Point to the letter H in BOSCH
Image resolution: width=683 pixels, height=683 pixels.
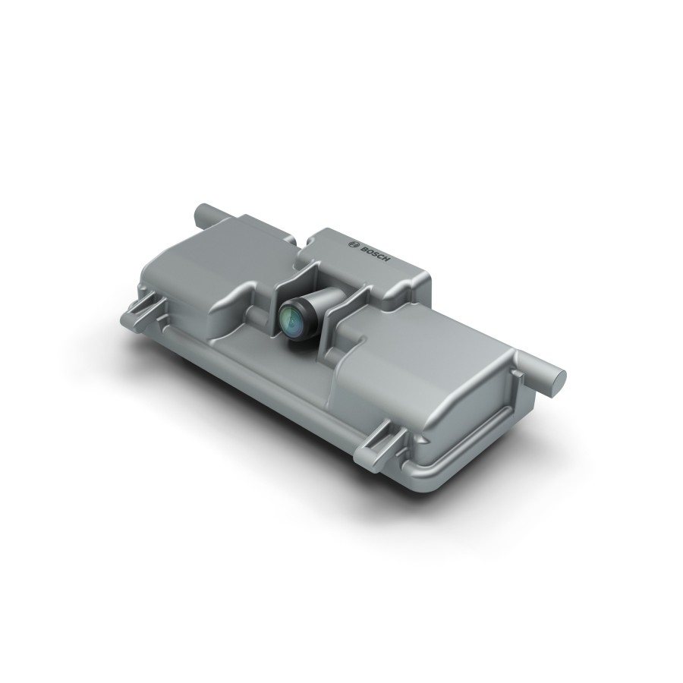pos(388,260)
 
